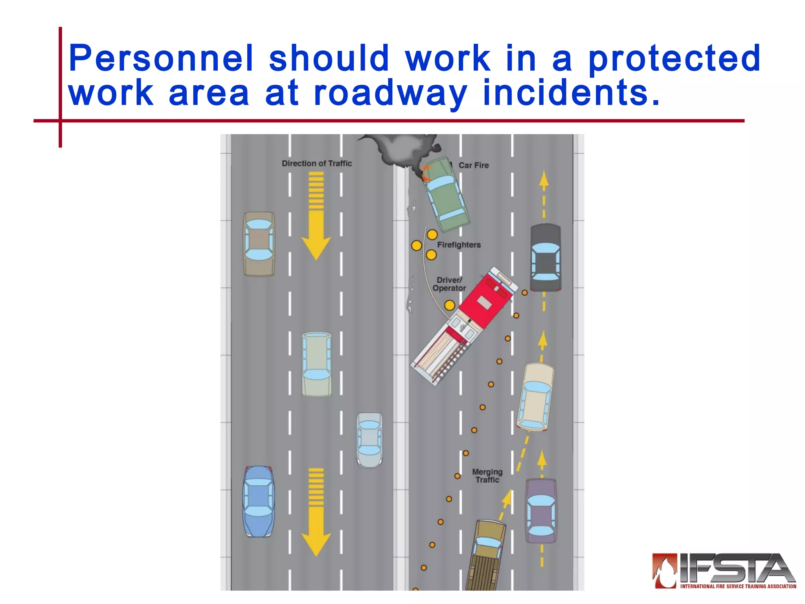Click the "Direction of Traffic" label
[317, 164]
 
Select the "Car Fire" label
[474, 166]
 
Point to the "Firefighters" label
[459, 245]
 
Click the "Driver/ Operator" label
[449, 284]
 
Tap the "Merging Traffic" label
[487, 476]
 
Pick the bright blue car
[259, 501]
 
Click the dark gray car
[546, 258]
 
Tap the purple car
[541, 510]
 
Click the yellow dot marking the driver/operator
[450, 305]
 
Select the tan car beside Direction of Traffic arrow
[259, 244]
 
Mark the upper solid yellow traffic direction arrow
[316, 216]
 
